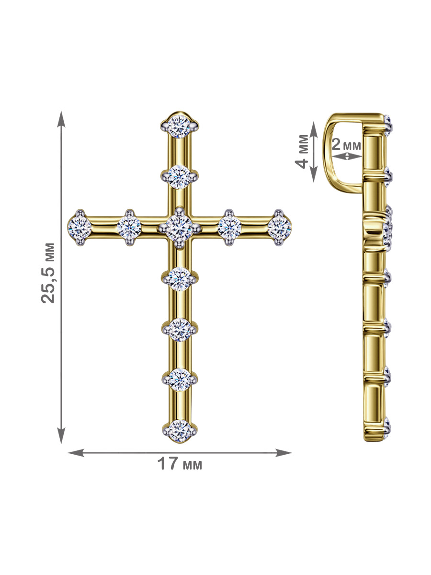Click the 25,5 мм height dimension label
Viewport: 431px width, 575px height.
tap(48, 273)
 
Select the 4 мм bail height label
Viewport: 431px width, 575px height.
tap(302, 151)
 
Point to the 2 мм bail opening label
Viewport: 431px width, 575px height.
tap(346, 145)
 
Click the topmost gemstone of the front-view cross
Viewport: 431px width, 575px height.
tap(179, 126)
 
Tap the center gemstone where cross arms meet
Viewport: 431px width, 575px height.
tap(179, 228)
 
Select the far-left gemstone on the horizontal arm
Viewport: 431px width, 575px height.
tap(79, 228)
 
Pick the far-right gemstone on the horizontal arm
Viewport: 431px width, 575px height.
tap(279, 228)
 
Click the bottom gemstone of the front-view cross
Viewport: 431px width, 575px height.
tap(180, 431)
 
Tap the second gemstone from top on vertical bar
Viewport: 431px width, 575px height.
tap(179, 177)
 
